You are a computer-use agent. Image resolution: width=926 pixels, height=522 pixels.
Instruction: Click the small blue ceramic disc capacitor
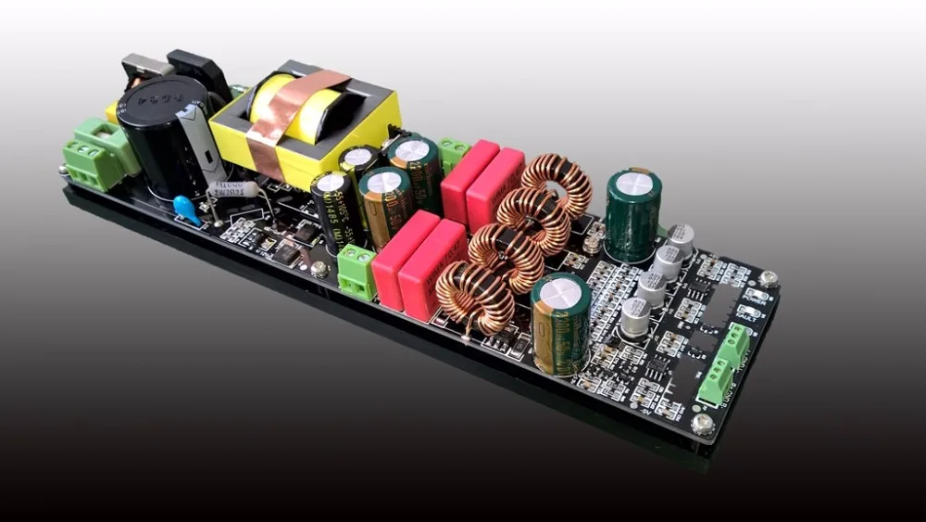pos(186,209)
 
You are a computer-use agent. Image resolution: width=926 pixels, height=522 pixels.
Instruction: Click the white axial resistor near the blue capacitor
pos(232,189)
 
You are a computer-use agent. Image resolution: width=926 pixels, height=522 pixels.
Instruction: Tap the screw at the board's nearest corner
pos(703,425)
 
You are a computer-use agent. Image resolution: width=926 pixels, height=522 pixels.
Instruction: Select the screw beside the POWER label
pos(768,277)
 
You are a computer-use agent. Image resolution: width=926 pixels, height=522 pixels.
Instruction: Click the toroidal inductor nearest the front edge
pos(475,296)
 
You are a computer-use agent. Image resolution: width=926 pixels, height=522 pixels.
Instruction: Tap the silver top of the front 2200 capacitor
pos(560,293)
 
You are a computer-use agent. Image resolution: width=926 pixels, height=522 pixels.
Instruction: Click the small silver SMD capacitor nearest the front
pos(635,316)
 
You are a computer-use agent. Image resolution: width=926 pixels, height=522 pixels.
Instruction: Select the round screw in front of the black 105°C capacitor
pos(320,269)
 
